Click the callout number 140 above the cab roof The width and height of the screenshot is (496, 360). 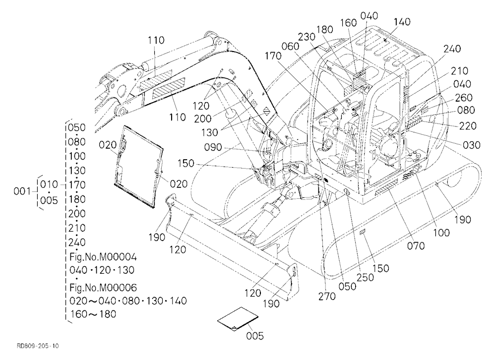point(402,22)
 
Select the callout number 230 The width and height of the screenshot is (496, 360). point(307,37)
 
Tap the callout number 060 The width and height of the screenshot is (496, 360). point(290,46)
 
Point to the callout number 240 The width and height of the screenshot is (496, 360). point(452,49)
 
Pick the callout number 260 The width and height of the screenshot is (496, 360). point(464,97)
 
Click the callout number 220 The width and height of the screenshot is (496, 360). point(468,126)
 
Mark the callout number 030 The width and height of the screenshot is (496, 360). point(471,145)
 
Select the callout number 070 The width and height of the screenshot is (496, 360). point(416,245)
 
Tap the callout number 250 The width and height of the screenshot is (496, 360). point(365,277)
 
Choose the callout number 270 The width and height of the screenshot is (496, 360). point(327,297)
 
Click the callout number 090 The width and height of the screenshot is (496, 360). point(213,147)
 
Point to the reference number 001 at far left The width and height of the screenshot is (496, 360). point(22,191)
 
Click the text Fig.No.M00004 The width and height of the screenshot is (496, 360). point(103,257)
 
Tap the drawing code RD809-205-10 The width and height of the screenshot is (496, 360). point(38,346)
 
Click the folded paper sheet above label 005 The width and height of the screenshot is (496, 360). point(238,319)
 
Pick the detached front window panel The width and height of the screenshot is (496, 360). point(139,166)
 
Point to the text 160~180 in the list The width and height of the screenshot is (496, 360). point(93,314)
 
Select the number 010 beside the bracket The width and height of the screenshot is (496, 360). point(49,184)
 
